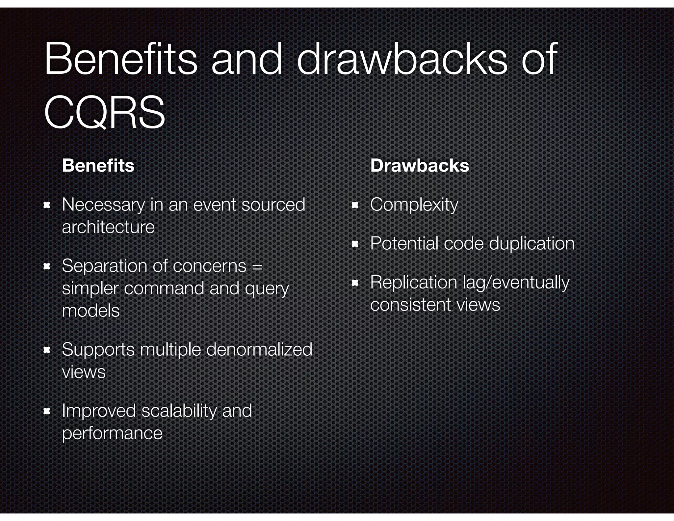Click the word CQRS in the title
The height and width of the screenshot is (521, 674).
104,112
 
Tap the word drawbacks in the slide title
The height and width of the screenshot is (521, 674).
402,59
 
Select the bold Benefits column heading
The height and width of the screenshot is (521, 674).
98,165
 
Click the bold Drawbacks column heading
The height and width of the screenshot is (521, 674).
420,165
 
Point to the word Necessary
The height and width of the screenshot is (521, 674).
103,205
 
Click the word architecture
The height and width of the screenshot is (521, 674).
108,227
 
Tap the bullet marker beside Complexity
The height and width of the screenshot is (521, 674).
355,206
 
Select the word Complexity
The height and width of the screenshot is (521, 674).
414,205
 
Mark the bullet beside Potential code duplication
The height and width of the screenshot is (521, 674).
355,244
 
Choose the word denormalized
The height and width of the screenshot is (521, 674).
259,349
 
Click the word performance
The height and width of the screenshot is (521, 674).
112,433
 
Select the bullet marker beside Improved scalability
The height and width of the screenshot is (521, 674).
47,411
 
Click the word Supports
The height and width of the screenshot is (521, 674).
98,350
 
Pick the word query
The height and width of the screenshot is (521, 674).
267,289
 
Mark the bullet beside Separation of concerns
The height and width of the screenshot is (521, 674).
47,266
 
